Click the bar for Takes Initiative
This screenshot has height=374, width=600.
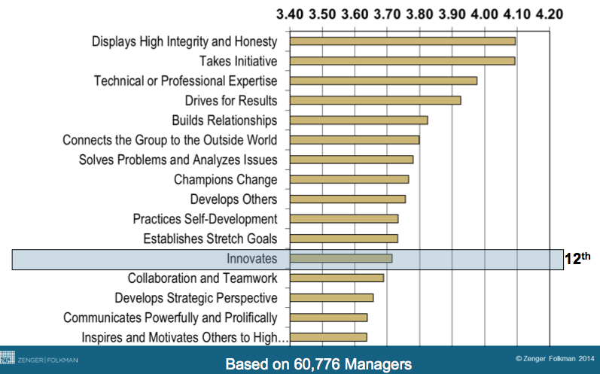[x=402, y=61]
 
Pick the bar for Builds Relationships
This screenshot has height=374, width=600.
[x=358, y=120]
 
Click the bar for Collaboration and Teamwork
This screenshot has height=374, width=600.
[x=337, y=278]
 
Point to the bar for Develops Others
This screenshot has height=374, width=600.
[x=347, y=199]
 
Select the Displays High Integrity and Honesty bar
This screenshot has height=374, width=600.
[x=402, y=41]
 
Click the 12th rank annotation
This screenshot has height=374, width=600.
[x=577, y=259]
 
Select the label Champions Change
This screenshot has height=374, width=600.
[x=225, y=180]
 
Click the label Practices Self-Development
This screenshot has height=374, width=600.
[x=205, y=219]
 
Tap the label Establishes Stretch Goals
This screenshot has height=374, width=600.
[x=210, y=239]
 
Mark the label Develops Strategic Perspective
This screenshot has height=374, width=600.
[x=196, y=298]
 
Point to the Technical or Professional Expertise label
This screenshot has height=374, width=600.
[x=185, y=81]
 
